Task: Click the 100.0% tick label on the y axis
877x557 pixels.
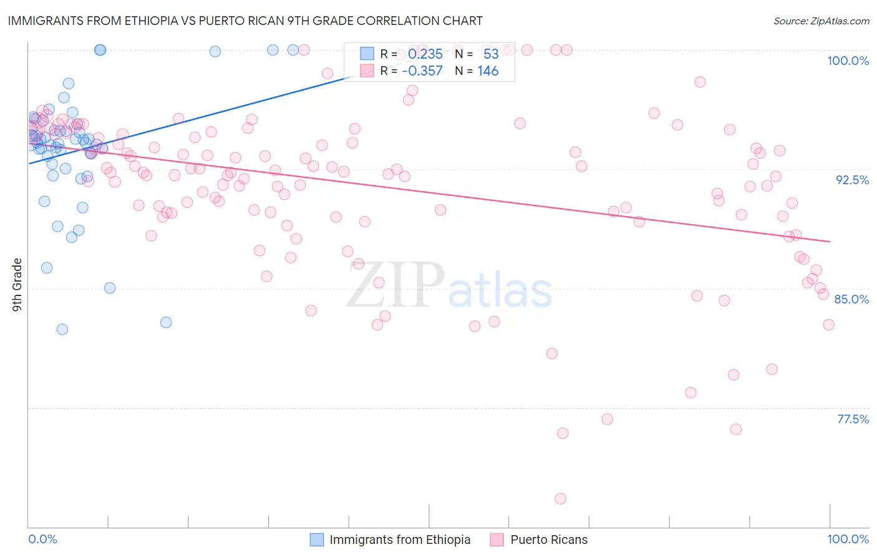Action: click(x=848, y=61)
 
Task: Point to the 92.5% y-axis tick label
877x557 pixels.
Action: click(x=852, y=180)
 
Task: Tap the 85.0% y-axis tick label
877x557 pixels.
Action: click(x=851, y=299)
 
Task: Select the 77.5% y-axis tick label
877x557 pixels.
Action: click(x=853, y=419)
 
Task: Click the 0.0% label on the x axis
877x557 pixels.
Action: click(x=42, y=539)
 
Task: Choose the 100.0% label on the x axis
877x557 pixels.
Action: click(x=848, y=539)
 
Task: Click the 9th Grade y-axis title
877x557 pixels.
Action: click(x=17, y=284)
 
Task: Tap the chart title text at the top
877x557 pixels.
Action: click(x=245, y=21)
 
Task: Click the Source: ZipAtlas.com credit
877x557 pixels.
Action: click(x=821, y=21)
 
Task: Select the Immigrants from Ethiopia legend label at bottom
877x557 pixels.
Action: click(x=400, y=540)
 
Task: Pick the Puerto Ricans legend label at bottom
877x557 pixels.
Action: click(x=549, y=540)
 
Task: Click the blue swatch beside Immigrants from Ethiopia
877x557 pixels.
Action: click(x=317, y=540)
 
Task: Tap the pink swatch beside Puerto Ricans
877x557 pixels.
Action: click(x=497, y=540)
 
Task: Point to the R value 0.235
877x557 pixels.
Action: click(x=425, y=54)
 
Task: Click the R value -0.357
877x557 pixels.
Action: click(x=422, y=71)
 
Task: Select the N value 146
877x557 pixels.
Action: click(x=488, y=71)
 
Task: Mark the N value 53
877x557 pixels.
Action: click(x=491, y=54)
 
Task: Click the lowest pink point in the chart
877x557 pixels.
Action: click(x=560, y=498)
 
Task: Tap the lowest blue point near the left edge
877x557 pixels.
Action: click(x=62, y=329)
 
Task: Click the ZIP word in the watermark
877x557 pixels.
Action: click(x=395, y=285)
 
